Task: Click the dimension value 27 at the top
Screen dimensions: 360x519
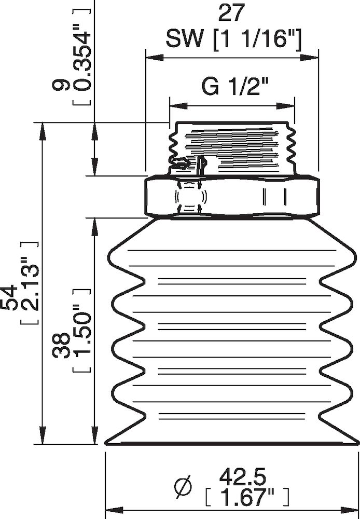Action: pyautogui.click(x=232, y=13)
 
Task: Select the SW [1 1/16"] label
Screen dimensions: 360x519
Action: pyautogui.click(x=233, y=40)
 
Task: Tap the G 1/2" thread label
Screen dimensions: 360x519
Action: pyautogui.click(x=234, y=87)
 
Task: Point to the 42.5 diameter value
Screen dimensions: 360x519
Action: pyautogui.click(x=243, y=476)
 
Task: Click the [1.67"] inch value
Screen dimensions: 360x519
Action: pyautogui.click(x=247, y=496)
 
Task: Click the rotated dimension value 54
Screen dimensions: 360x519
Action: pyautogui.click(x=11, y=296)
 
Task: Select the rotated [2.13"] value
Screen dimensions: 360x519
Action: pyautogui.click(x=30, y=283)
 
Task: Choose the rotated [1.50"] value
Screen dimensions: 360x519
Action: pyautogui.click(x=81, y=331)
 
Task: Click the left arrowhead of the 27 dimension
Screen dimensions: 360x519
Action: pyautogui.click(x=155, y=58)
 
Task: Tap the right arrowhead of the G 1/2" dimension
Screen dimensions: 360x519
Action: pyautogui.click(x=285, y=106)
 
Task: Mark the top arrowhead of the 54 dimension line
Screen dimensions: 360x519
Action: pyautogui.click(x=42, y=131)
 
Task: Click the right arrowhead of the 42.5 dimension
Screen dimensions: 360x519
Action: pyautogui.click(x=350, y=509)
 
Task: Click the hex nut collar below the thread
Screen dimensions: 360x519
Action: pyautogui.click(x=232, y=198)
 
